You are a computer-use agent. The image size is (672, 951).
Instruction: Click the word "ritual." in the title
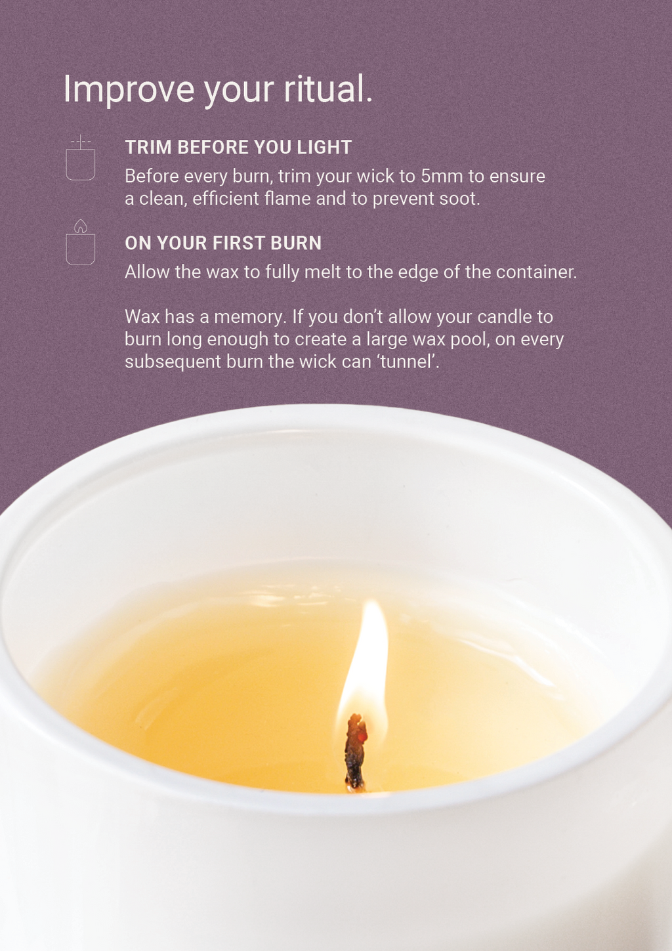click(327, 89)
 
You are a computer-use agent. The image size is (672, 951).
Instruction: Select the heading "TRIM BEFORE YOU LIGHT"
click(238, 147)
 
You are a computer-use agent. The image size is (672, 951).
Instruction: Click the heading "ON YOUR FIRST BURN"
click(223, 243)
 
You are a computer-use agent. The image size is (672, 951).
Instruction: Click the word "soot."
click(460, 199)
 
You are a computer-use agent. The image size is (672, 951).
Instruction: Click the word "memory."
click(249, 317)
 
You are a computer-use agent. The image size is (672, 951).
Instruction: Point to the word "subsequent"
click(173, 362)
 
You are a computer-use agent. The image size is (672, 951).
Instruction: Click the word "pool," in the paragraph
click(470, 340)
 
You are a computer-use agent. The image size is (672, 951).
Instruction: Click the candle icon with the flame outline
click(80, 242)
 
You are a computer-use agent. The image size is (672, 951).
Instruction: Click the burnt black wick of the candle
click(355, 752)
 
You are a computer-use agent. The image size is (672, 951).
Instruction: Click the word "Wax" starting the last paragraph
click(142, 317)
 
